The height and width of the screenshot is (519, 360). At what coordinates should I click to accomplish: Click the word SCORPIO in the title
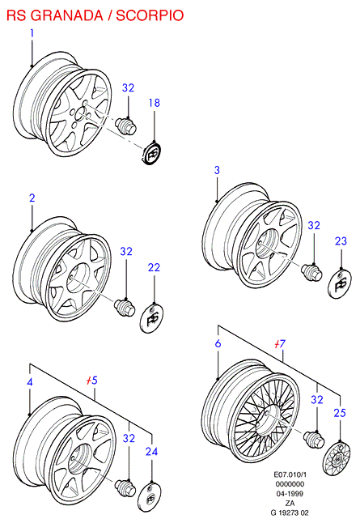click(150, 15)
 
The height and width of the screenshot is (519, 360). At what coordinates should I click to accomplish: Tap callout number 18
click(155, 103)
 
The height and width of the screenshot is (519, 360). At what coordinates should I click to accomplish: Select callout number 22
click(154, 267)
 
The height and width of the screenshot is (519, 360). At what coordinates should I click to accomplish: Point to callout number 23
click(341, 241)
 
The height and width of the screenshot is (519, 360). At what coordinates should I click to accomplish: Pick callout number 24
click(152, 452)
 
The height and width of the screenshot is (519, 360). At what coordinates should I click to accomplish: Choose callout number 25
click(340, 413)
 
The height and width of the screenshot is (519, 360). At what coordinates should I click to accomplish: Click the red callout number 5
click(92, 381)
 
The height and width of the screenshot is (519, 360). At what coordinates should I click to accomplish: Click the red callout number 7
click(280, 344)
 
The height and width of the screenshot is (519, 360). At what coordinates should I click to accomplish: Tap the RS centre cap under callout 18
click(152, 153)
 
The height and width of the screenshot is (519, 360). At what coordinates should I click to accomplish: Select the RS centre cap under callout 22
click(152, 317)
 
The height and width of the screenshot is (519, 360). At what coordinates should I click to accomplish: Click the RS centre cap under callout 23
click(340, 283)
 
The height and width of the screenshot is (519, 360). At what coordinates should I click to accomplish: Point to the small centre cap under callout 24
click(150, 497)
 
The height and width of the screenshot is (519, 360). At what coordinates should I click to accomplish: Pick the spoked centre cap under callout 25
click(337, 458)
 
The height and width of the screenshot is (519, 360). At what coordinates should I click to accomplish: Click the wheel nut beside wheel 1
click(126, 125)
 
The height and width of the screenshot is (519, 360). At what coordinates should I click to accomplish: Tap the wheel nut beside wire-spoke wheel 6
click(314, 439)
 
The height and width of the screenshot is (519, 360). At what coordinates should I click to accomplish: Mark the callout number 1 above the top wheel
click(32, 33)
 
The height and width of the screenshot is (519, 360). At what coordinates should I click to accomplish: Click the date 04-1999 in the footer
click(290, 494)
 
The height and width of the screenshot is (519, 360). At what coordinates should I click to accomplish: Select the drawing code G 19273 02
click(290, 513)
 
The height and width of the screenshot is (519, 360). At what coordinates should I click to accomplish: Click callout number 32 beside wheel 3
click(314, 225)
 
